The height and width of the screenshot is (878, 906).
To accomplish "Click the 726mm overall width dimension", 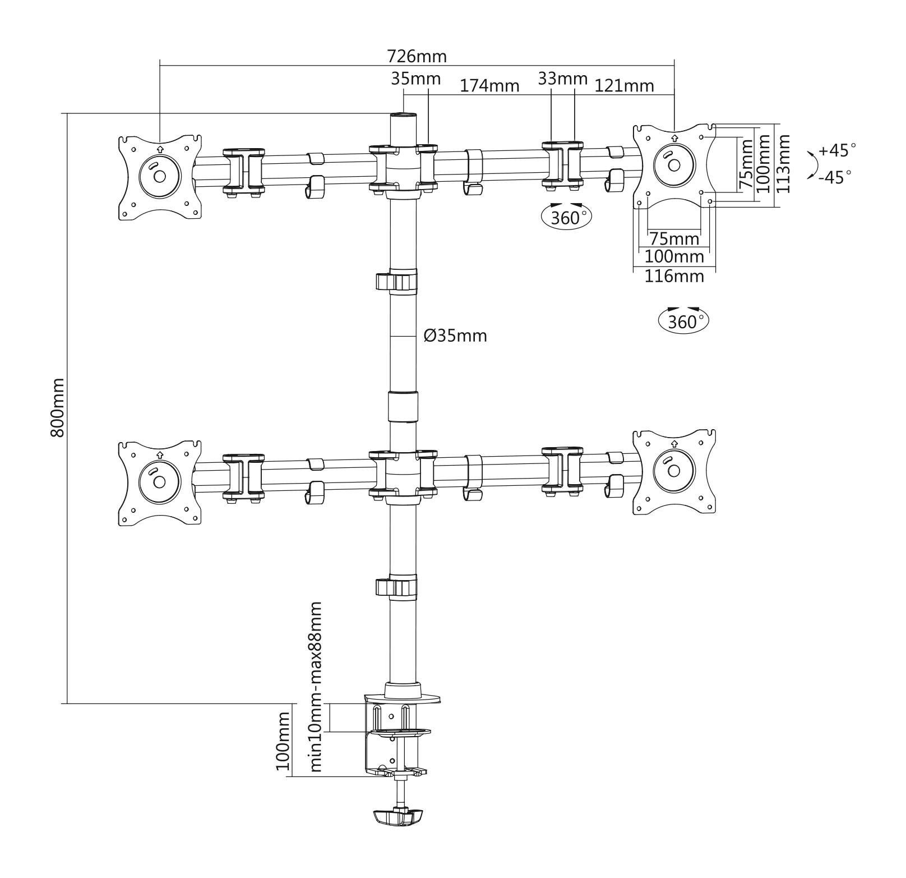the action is [x=417, y=57].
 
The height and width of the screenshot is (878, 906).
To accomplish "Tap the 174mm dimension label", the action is [x=489, y=86].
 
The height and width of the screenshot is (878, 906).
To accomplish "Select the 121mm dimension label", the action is [x=624, y=86].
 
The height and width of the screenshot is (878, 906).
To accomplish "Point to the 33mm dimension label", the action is [x=562, y=79].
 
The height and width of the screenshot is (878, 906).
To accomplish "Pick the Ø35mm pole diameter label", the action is [x=455, y=336].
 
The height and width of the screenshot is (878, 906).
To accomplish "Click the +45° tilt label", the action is [x=837, y=150].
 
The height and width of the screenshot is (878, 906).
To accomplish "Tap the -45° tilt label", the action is [x=835, y=177].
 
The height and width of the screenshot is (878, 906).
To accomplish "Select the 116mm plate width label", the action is [x=674, y=276].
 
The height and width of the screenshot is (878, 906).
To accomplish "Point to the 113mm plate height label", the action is [x=783, y=163].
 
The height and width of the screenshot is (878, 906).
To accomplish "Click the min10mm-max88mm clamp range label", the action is [x=316, y=687].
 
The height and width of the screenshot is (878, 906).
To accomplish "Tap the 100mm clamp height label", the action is [x=284, y=741].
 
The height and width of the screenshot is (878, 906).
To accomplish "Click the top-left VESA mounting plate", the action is [x=160, y=177].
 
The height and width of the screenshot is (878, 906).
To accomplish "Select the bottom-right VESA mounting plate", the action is [x=674, y=472].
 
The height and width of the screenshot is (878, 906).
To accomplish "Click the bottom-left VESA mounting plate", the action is [x=160, y=483].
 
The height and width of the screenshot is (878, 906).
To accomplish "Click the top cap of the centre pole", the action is [x=404, y=115].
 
